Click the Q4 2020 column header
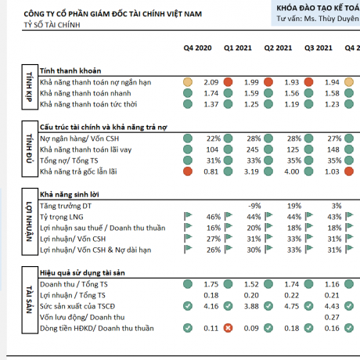coord(198,49)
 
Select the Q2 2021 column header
coord(278,49)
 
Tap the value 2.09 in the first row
coord(210,82)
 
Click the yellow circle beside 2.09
coord(187,82)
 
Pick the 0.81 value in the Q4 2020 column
coord(210,171)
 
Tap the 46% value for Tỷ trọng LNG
coord(211,215)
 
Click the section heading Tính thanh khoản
coord(67,70)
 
